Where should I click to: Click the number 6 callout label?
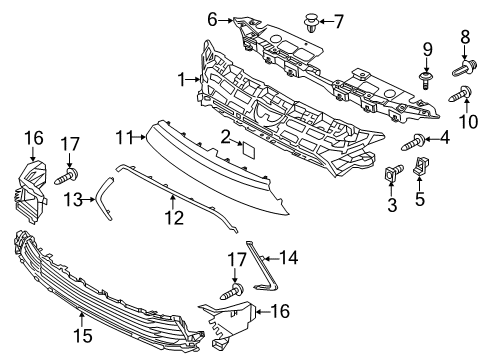tap(212, 18)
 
